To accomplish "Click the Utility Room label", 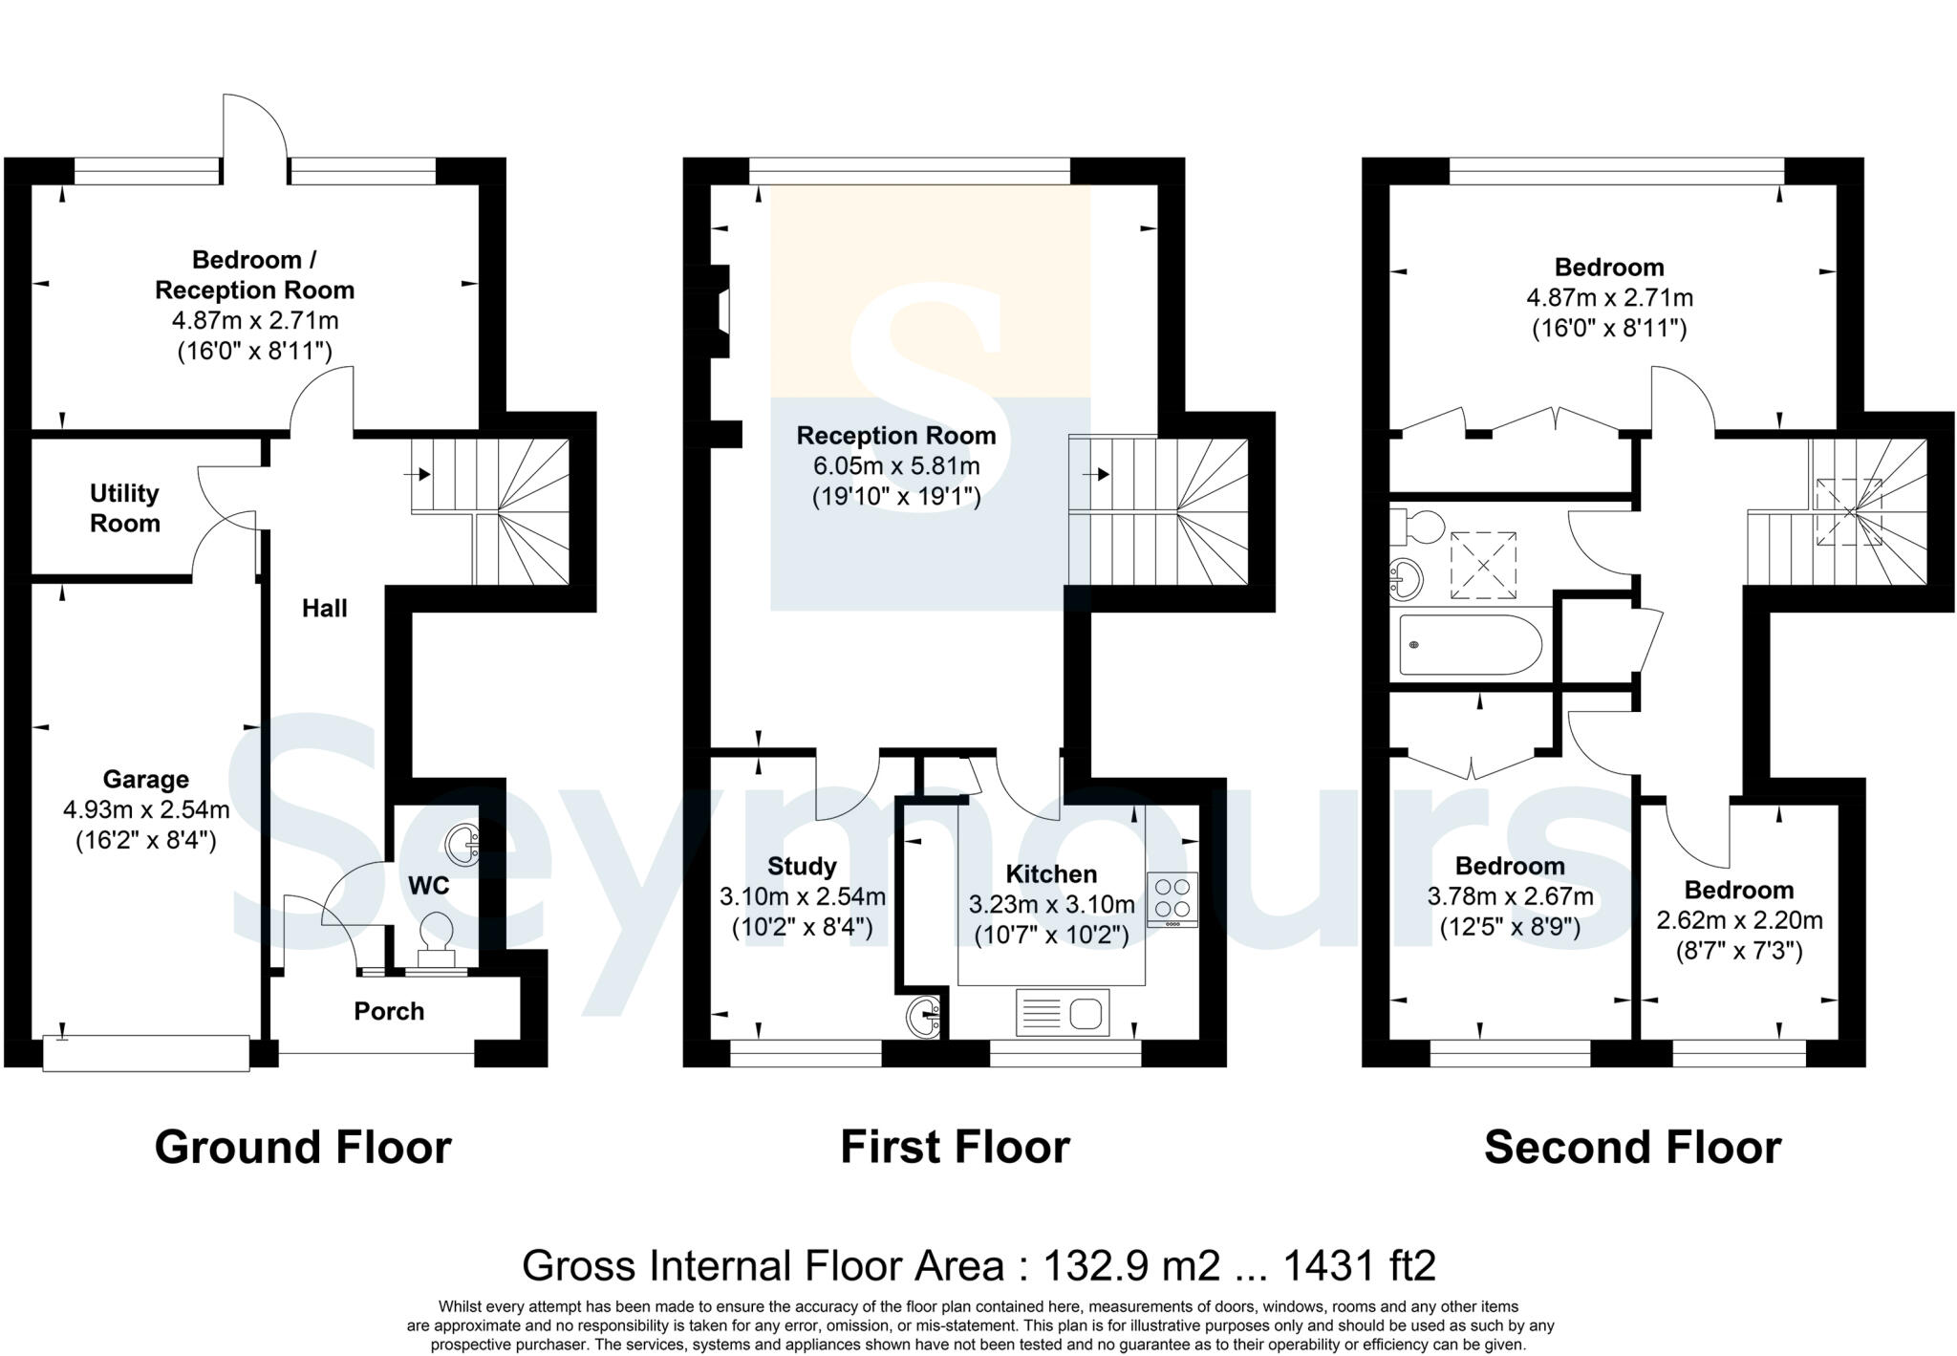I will pos(124,508).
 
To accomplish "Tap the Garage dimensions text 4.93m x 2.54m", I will pos(146,810).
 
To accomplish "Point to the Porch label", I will pos(388,1011).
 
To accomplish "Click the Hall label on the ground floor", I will pos(324,609).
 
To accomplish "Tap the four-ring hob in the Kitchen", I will pos(1172,898).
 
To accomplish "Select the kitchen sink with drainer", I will pos(1062,1012).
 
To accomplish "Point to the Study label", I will pos(802,867).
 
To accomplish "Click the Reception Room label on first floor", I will pos(895,436).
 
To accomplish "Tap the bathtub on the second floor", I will pos(1470,644).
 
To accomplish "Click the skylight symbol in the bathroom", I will pos(1483,565).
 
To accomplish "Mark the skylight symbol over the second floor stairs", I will pos(1848,512).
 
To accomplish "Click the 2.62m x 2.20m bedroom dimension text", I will pos(1738,921).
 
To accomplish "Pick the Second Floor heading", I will pos(1631,1148).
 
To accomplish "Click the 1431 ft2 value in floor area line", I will pos(1359,1265).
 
